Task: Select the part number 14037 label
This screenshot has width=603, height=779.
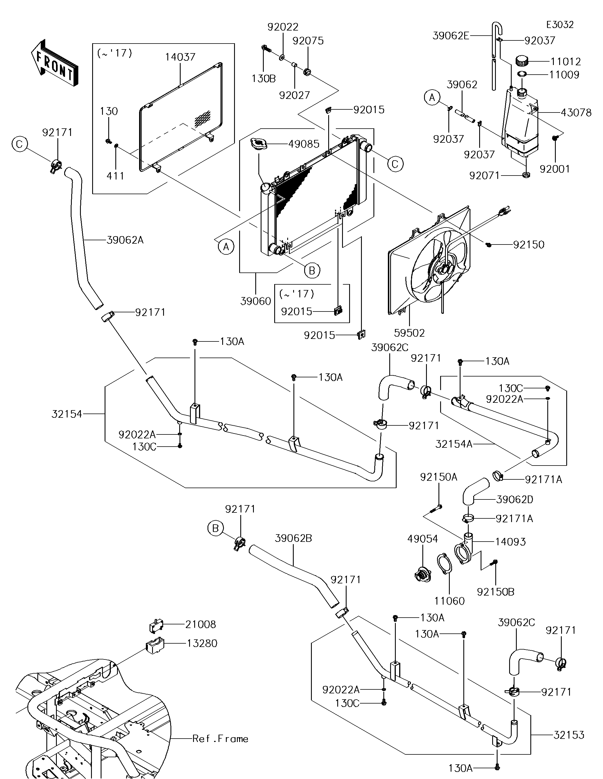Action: [x=180, y=57]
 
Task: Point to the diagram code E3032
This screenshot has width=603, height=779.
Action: [x=560, y=25]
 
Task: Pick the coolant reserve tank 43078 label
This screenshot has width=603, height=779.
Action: [x=576, y=113]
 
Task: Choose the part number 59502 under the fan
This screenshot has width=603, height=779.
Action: [x=409, y=333]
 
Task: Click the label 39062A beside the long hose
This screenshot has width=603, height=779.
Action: [x=125, y=240]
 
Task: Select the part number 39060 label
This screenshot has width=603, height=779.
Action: [x=256, y=301]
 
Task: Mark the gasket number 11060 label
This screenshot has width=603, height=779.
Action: [x=449, y=601]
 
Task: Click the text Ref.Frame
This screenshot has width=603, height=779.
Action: [x=220, y=739]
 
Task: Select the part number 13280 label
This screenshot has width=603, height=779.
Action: [x=202, y=643]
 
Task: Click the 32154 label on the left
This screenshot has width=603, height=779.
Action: [x=67, y=414]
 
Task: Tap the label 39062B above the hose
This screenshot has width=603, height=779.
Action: [x=293, y=538]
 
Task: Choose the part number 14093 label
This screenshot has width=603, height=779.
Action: [x=510, y=542]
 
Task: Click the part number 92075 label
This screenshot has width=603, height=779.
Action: [x=308, y=41]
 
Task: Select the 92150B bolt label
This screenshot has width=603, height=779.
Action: [x=495, y=592]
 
